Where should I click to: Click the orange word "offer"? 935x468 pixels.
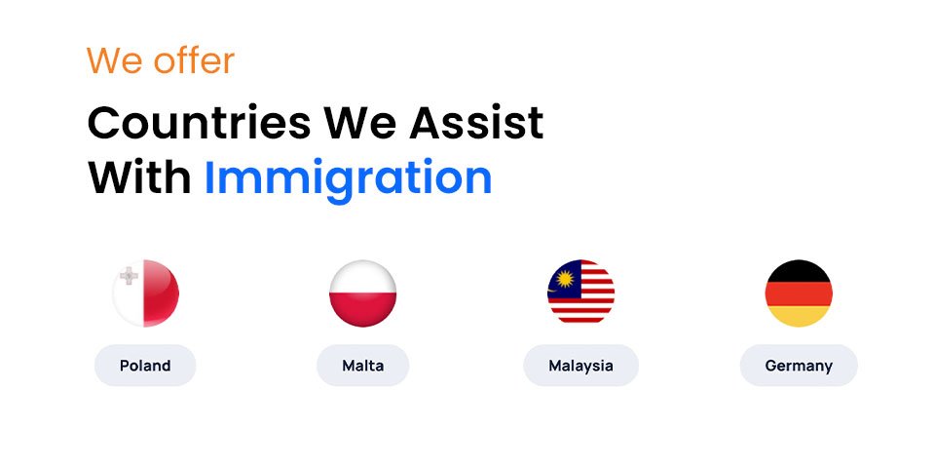[191, 61]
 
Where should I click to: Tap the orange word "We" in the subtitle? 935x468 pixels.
[108, 61]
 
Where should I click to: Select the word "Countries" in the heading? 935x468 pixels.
[199, 124]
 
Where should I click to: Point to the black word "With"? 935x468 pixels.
[138, 178]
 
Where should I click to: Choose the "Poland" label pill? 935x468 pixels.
[145, 366]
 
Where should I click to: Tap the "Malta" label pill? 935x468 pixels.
[362, 366]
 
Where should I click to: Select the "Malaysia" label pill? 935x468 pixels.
[580, 366]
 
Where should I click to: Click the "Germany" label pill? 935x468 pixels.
[799, 366]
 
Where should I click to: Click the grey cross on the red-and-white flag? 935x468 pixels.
[129, 277]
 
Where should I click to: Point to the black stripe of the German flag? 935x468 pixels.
[799, 270]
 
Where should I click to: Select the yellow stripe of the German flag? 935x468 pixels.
[799, 315]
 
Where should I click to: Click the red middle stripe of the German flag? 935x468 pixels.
[799, 292]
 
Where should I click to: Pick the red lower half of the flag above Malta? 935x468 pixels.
[362, 310]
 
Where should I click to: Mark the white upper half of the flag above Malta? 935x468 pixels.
[362, 276]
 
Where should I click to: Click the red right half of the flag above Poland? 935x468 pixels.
[163, 293]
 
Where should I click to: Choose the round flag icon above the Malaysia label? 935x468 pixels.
[580, 292]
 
